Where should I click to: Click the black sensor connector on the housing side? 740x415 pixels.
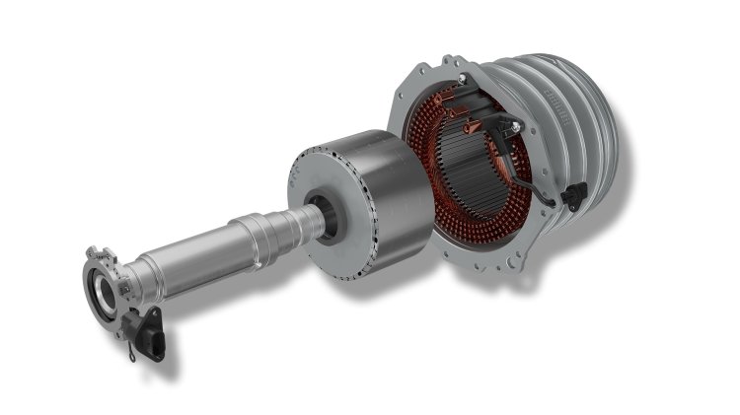[x=571, y=196]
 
